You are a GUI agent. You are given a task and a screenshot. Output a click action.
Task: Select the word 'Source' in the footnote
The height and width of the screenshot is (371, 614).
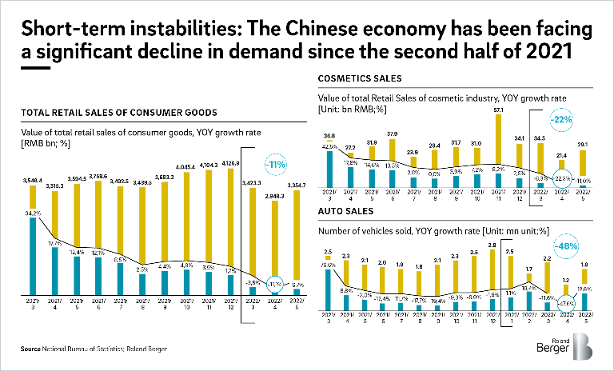click(33, 349)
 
